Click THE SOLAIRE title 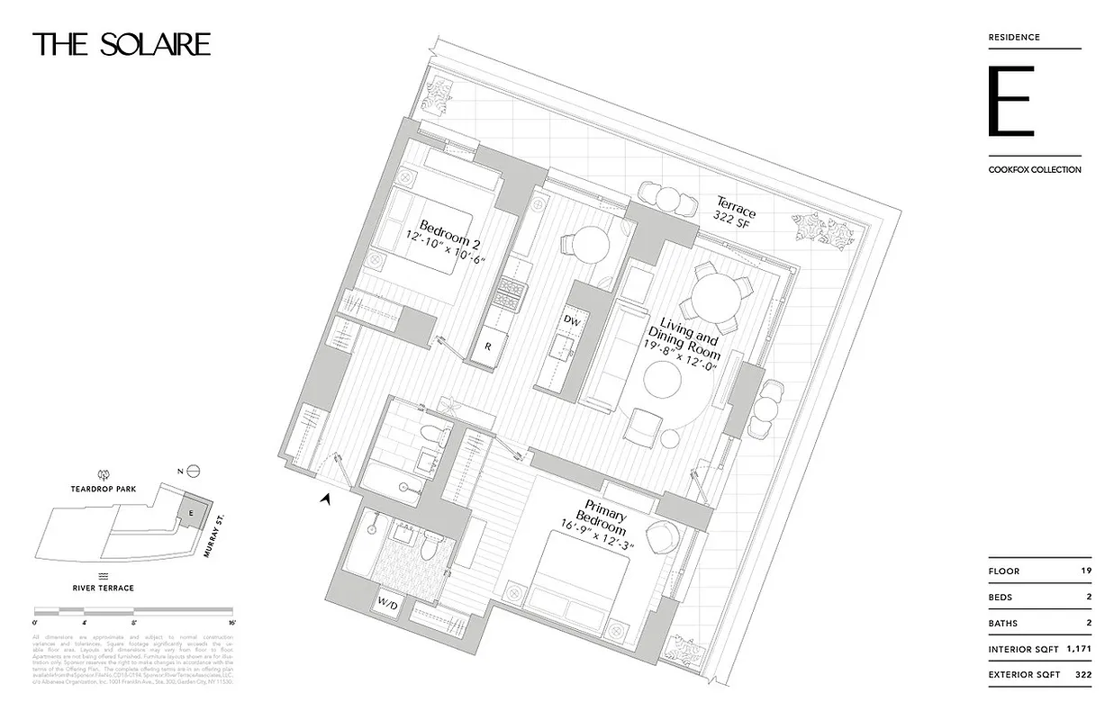122,45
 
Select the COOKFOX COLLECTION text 1034,169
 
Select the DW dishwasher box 571,319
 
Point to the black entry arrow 325,498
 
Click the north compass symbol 192,471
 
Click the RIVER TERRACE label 103,588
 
